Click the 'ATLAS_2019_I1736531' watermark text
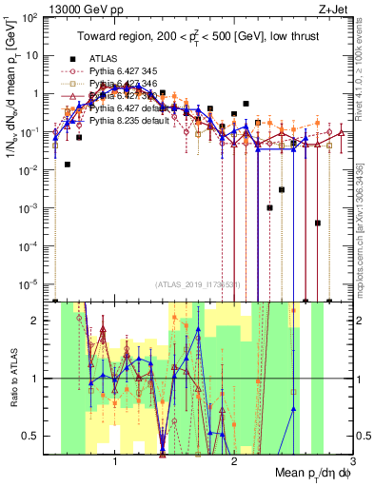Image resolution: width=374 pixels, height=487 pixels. point(199,283)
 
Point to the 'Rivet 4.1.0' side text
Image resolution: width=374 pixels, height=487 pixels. point(364,64)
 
